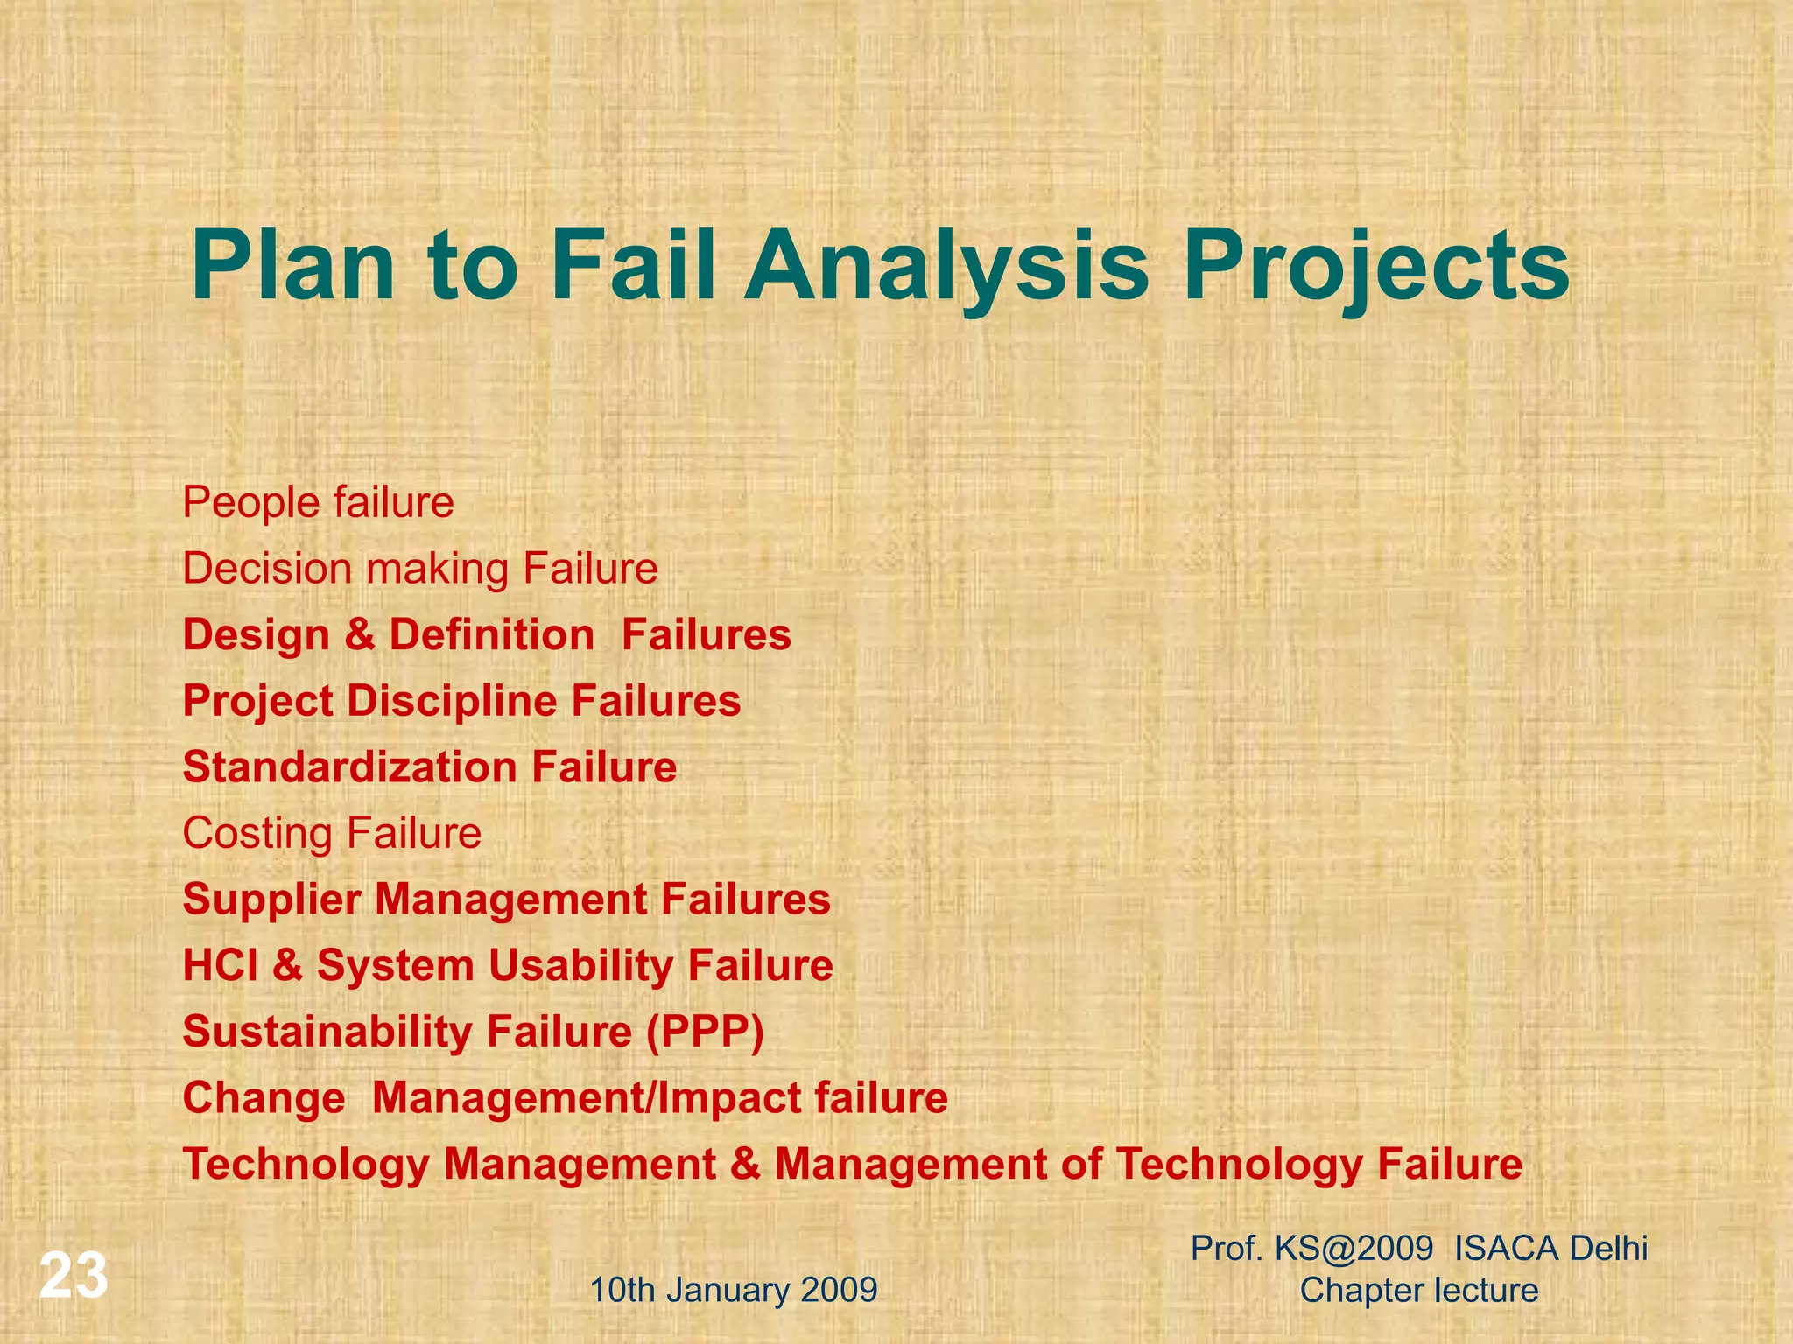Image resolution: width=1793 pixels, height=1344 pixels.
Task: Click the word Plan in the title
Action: point(293,265)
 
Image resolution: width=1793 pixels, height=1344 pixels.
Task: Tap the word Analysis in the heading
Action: point(946,265)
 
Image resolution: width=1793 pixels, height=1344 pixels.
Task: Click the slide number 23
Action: point(74,1277)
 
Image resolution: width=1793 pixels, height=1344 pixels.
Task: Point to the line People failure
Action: point(318,503)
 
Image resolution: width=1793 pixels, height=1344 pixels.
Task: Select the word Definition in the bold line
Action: point(491,634)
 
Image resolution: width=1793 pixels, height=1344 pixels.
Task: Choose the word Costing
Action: point(257,833)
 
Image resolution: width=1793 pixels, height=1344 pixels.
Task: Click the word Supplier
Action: point(271,899)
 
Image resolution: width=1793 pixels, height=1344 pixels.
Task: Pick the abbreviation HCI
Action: point(220,966)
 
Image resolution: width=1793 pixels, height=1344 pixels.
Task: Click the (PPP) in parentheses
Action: point(705,1032)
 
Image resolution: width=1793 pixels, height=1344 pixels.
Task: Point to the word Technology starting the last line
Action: point(306,1165)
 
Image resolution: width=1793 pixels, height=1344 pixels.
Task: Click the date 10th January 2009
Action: point(733,1291)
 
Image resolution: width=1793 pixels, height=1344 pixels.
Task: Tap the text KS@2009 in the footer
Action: point(1354,1249)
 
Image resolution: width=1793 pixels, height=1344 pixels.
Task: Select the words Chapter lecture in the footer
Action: point(1418,1291)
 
